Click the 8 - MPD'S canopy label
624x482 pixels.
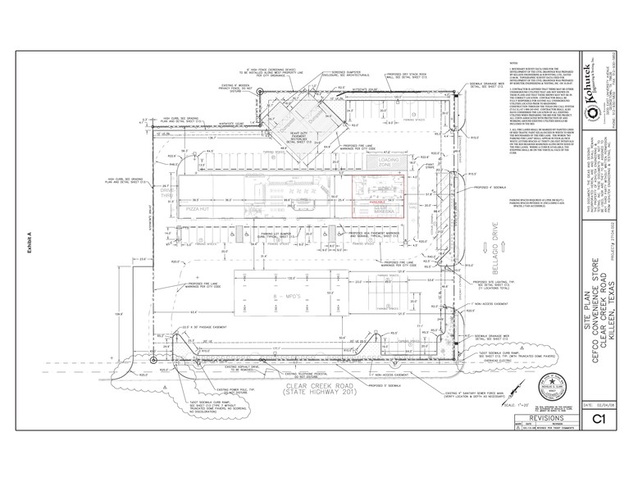[285, 289]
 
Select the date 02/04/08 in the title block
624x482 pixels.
[598, 405]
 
